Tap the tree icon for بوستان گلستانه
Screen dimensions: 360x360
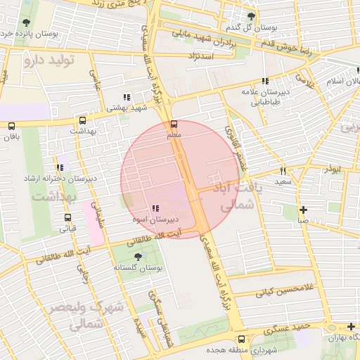[138, 257]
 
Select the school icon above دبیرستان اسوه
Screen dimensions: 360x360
[155, 209]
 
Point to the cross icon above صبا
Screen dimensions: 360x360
[303, 210]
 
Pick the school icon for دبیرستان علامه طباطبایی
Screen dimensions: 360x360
[266, 82]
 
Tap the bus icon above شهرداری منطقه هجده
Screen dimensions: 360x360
[242, 339]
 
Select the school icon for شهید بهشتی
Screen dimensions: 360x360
[127, 97]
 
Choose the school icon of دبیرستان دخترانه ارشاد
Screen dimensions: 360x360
[60, 168]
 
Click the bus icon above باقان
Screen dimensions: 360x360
[11, 126]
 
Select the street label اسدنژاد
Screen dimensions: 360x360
[201, 54]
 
